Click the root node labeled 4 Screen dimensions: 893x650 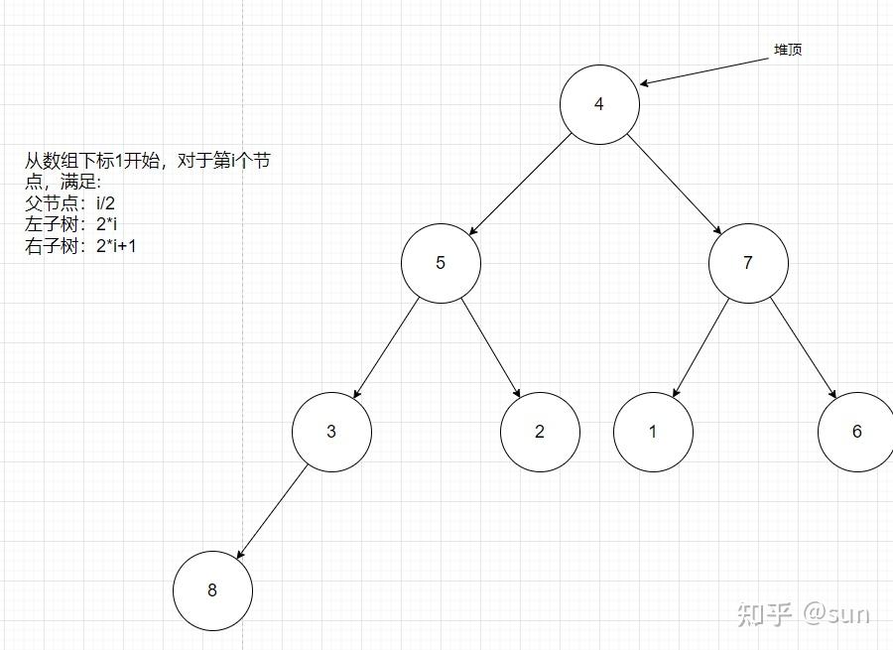pos(599,104)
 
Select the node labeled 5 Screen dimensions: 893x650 pos(441,263)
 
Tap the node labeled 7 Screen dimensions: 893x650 pos(748,263)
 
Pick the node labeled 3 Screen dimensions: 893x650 pos(331,432)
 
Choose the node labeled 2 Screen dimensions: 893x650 pos(540,432)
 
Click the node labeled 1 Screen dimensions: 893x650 pos(653,432)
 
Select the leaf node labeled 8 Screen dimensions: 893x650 pos(212,590)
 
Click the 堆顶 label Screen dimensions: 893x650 pos(788,50)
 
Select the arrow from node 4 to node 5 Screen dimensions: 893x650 pos(521,184)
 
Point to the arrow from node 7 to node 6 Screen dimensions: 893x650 pos(802,346)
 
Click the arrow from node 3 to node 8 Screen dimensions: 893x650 pos(273,510)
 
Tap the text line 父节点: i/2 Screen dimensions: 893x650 pos(70,203)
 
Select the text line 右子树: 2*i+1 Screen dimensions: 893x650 pos(80,246)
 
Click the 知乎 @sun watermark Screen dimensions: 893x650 pos(804,614)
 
